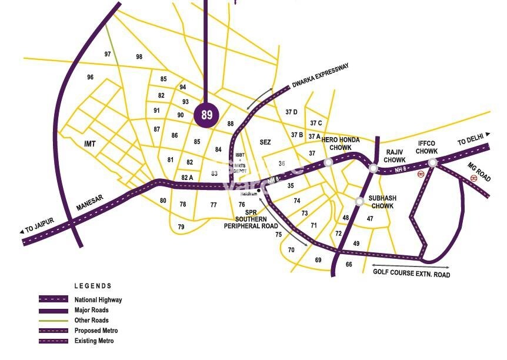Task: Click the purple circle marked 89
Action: pos(206,114)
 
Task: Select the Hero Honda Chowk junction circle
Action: pos(328,162)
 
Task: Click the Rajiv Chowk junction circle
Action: pos(373,168)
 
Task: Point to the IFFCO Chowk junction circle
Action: pos(432,162)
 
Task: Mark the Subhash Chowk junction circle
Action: pos(359,201)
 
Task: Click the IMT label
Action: pos(90,144)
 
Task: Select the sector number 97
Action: pos(108,54)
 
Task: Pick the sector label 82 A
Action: pos(187,177)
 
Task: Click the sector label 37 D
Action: pos(291,112)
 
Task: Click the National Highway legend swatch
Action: pos(54,299)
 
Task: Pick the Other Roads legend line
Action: pos(54,321)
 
